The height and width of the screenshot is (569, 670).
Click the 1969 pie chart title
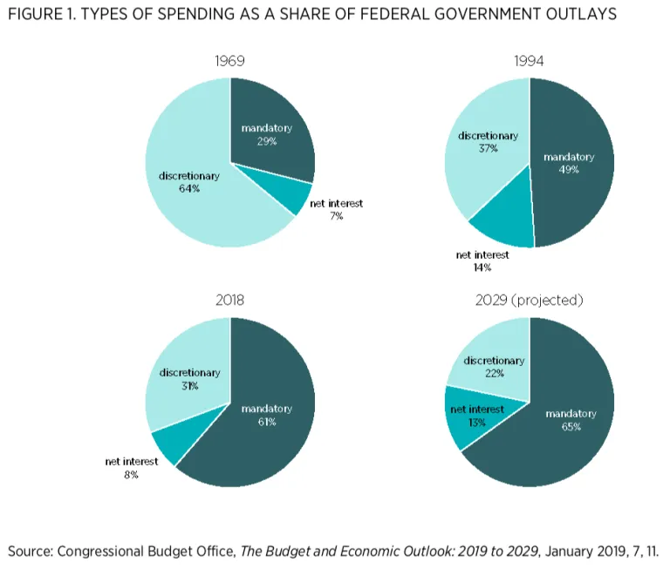230,62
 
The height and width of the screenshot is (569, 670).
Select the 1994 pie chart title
529,62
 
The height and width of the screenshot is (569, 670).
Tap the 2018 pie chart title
230,300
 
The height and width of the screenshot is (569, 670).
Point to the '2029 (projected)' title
530,300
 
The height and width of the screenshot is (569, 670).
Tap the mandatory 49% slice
571,174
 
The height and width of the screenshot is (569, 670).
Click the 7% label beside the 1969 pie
337,216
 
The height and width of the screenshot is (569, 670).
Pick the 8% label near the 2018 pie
131,475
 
